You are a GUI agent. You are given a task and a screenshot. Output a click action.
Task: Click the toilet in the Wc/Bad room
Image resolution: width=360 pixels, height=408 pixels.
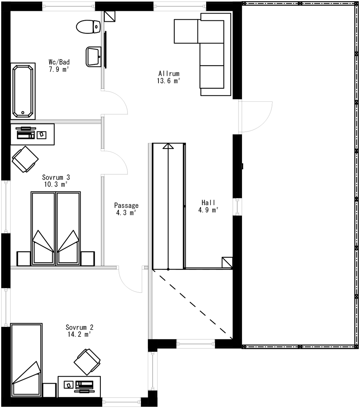click(x=88, y=27)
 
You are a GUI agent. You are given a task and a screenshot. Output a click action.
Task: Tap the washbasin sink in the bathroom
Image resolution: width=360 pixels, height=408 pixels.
click(x=93, y=56)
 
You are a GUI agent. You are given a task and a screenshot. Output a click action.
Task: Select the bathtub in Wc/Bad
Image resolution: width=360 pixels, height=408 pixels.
click(x=23, y=91)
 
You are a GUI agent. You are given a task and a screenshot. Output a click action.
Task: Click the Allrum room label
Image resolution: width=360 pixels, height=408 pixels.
click(x=169, y=73)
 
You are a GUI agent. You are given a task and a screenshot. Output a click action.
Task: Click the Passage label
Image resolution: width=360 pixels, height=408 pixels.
click(x=126, y=206)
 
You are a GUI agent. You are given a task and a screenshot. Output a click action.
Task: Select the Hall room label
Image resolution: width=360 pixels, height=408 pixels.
click(x=208, y=202)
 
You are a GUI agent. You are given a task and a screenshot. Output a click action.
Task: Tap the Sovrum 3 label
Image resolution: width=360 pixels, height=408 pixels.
click(x=56, y=177)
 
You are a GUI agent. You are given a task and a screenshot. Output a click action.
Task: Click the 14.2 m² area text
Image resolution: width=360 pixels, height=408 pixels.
click(x=79, y=335)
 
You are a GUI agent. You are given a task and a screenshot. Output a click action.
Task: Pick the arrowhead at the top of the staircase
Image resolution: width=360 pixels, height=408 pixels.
click(x=168, y=146)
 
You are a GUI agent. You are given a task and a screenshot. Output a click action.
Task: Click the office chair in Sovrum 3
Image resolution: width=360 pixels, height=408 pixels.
click(x=25, y=159)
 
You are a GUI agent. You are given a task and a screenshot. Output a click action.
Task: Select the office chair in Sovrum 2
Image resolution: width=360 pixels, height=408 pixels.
click(x=87, y=362)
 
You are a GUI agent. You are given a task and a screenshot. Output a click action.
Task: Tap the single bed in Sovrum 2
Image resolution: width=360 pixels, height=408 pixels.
click(x=26, y=360)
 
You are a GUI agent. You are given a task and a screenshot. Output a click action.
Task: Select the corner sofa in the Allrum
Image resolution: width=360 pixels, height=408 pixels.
click(x=212, y=55)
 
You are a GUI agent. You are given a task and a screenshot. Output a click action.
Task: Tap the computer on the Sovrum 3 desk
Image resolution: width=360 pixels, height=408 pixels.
click(x=25, y=133)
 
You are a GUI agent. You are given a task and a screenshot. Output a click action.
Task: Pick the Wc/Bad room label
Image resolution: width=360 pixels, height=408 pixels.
click(x=59, y=62)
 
